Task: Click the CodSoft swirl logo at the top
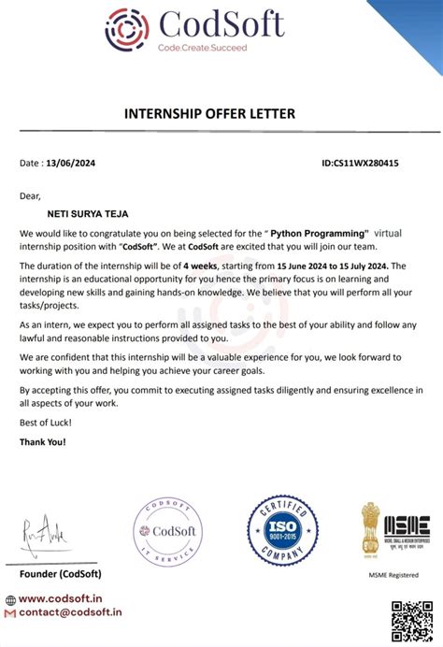coord(126,29)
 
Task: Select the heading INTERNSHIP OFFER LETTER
coord(209,114)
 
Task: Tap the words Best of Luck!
coord(45,423)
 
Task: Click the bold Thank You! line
coord(43,441)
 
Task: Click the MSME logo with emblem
coord(395,528)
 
